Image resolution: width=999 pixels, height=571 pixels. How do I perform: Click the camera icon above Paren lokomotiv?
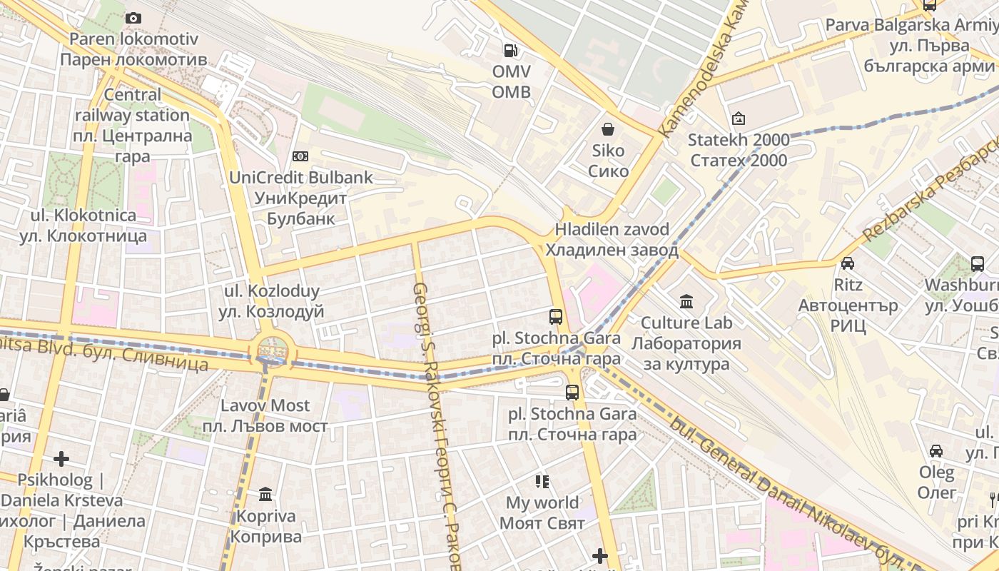pyautogui.click(x=133, y=19)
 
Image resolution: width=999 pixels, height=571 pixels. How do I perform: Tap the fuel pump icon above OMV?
pyautogui.click(x=511, y=50)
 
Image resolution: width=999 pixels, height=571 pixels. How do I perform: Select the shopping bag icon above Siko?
pyautogui.click(x=608, y=129)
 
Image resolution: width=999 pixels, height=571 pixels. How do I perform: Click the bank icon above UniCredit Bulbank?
pyautogui.click(x=300, y=156)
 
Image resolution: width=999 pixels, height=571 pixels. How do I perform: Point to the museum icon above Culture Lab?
pyautogui.click(x=686, y=301)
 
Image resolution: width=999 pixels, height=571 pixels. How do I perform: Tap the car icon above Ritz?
pyautogui.click(x=848, y=263)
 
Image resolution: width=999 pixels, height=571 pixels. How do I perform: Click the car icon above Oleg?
pyautogui.click(x=936, y=451)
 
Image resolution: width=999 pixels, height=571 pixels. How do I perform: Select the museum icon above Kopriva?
pyautogui.click(x=265, y=494)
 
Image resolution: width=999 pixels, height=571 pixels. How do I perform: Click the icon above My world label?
pyautogui.click(x=542, y=482)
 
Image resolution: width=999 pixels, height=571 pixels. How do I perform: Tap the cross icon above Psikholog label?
pyautogui.click(x=61, y=458)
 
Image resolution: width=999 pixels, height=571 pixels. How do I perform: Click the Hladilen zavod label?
pyautogui.click(x=612, y=240)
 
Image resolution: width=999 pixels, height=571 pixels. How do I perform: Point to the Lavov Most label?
pyautogui.click(x=265, y=415)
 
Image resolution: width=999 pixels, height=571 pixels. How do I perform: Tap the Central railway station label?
pyautogui.click(x=133, y=125)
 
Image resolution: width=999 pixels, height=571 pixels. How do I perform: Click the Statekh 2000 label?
pyautogui.click(x=739, y=150)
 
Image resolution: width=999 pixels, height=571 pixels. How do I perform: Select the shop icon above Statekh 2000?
pyautogui.click(x=739, y=118)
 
